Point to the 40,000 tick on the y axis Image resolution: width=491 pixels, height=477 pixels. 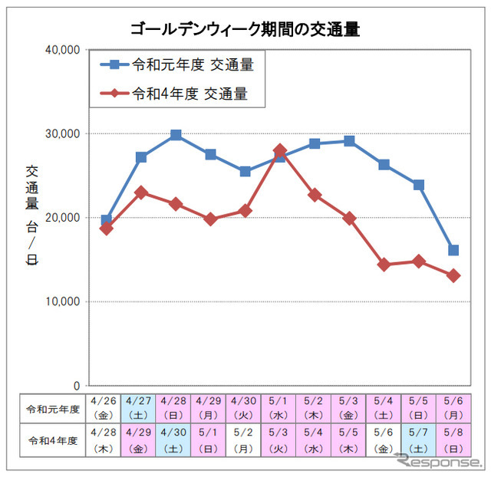(x=64, y=50)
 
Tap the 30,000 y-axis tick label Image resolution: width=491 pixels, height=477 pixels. (x=64, y=134)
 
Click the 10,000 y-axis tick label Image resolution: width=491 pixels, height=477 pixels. (x=64, y=302)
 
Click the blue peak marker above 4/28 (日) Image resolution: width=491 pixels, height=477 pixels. (x=176, y=135)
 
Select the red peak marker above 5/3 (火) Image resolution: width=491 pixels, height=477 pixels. (x=280, y=150)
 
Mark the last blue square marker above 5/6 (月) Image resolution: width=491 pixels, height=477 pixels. (x=453, y=250)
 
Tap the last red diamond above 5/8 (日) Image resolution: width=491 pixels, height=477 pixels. (x=453, y=275)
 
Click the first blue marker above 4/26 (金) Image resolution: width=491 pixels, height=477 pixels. (x=107, y=220)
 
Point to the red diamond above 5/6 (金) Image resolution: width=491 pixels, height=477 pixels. (x=384, y=265)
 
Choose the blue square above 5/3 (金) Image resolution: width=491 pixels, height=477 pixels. (x=349, y=141)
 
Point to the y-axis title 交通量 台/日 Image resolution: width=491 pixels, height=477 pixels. (x=32, y=215)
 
